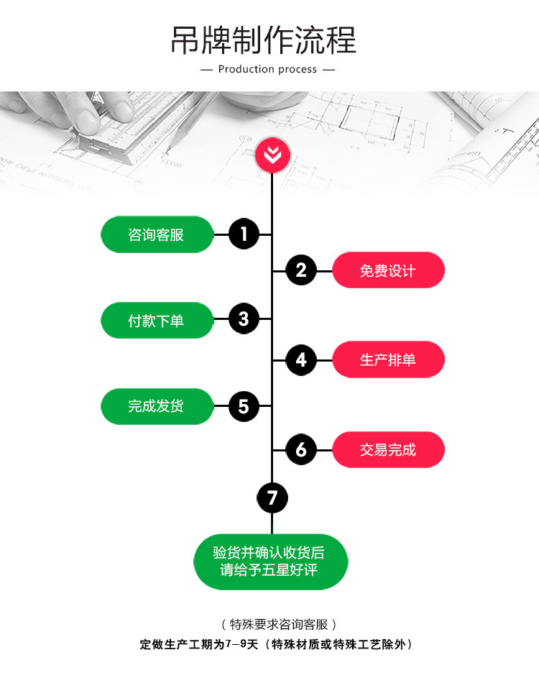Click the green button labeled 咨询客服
point(157,234)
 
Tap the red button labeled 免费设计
point(388,270)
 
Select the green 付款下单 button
point(157,321)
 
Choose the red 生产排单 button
point(388,359)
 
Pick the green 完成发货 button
point(157,406)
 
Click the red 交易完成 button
point(388,450)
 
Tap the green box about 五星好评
point(270,561)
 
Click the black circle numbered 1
point(244,234)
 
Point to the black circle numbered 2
point(301,270)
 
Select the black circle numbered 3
point(244,319)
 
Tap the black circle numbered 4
point(301,359)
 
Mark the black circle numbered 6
point(301,450)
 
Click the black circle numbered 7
point(272,498)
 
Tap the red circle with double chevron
point(272,155)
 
